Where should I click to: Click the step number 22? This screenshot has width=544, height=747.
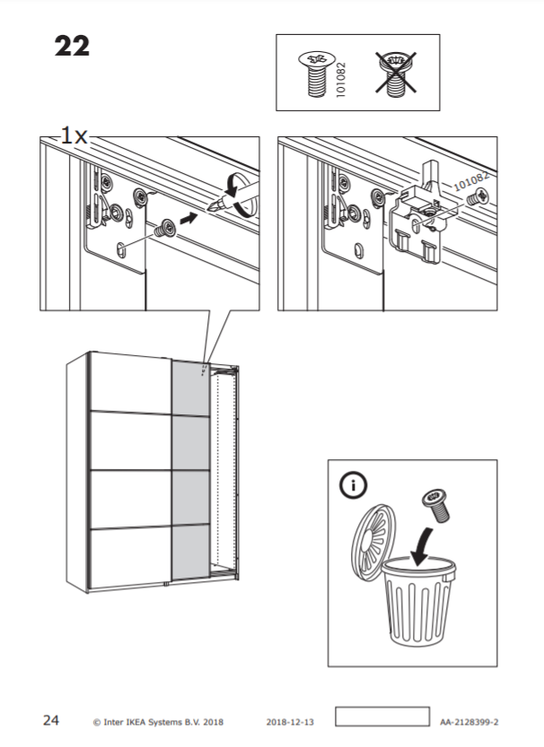click(x=72, y=47)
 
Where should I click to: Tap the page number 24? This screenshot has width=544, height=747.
click(x=51, y=720)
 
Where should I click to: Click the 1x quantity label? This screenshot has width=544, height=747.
click(x=75, y=136)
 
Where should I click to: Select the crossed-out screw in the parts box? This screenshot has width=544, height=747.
click(x=395, y=74)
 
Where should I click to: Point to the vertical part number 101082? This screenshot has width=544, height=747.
click(x=340, y=80)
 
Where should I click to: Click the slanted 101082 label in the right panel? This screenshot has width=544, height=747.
click(x=471, y=181)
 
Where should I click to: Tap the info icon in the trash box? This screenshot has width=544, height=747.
click(x=354, y=485)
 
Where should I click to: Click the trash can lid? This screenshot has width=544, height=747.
click(x=373, y=536)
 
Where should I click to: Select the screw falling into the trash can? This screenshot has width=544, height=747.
click(x=436, y=506)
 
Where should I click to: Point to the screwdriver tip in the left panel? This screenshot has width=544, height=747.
click(x=210, y=207)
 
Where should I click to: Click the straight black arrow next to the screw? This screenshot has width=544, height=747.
click(x=189, y=219)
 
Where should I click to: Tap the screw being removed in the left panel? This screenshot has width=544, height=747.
click(x=165, y=228)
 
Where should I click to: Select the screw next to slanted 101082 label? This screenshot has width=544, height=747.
click(x=478, y=196)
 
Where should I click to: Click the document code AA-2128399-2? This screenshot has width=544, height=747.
click(x=469, y=722)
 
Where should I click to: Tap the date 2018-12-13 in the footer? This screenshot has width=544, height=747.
click(x=290, y=722)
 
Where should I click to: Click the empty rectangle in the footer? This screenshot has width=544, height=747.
click(x=382, y=717)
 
